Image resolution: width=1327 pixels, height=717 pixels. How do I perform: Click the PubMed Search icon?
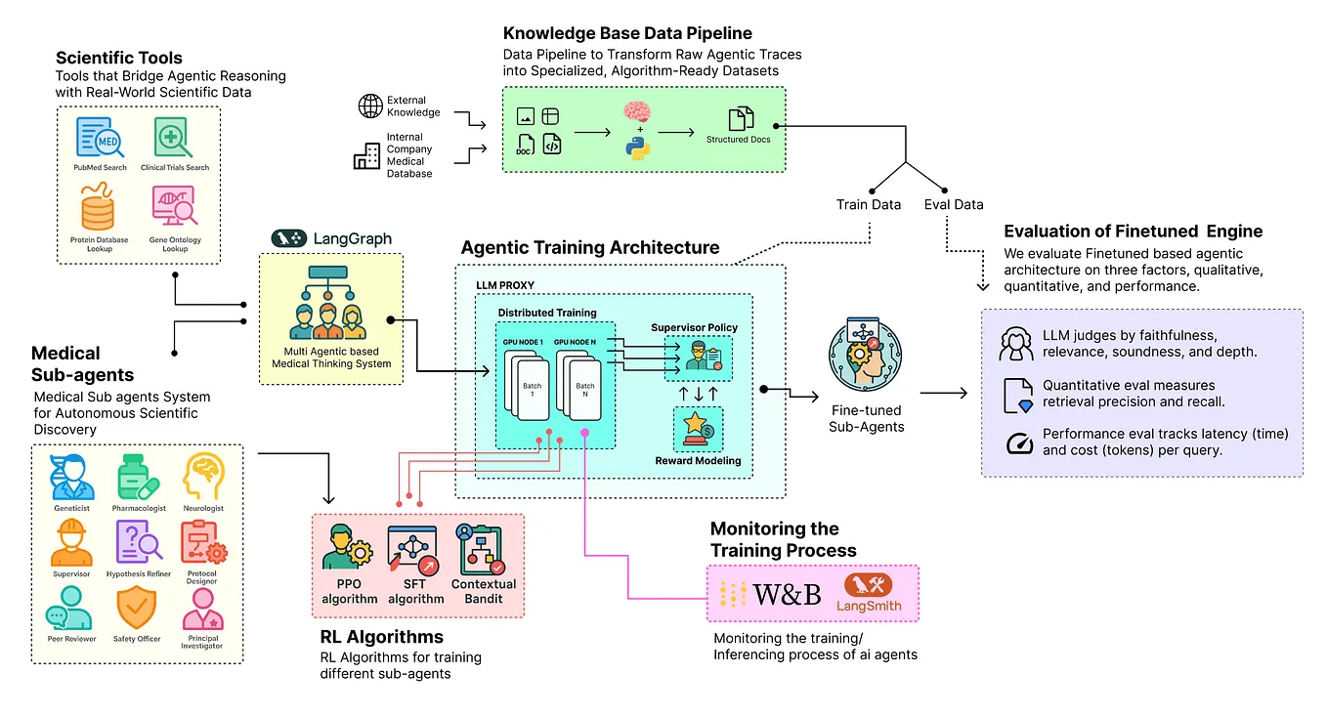(x=100, y=138)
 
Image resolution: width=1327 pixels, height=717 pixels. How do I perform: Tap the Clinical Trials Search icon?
(x=174, y=138)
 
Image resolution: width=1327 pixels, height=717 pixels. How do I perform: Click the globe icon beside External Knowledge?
(x=370, y=105)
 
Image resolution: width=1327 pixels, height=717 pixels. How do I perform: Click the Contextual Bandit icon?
(x=483, y=550)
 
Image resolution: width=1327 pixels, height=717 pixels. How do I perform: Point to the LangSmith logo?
(x=868, y=593)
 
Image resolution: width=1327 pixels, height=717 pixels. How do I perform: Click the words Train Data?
(x=869, y=204)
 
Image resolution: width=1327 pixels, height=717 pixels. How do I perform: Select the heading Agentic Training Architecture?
(x=589, y=247)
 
